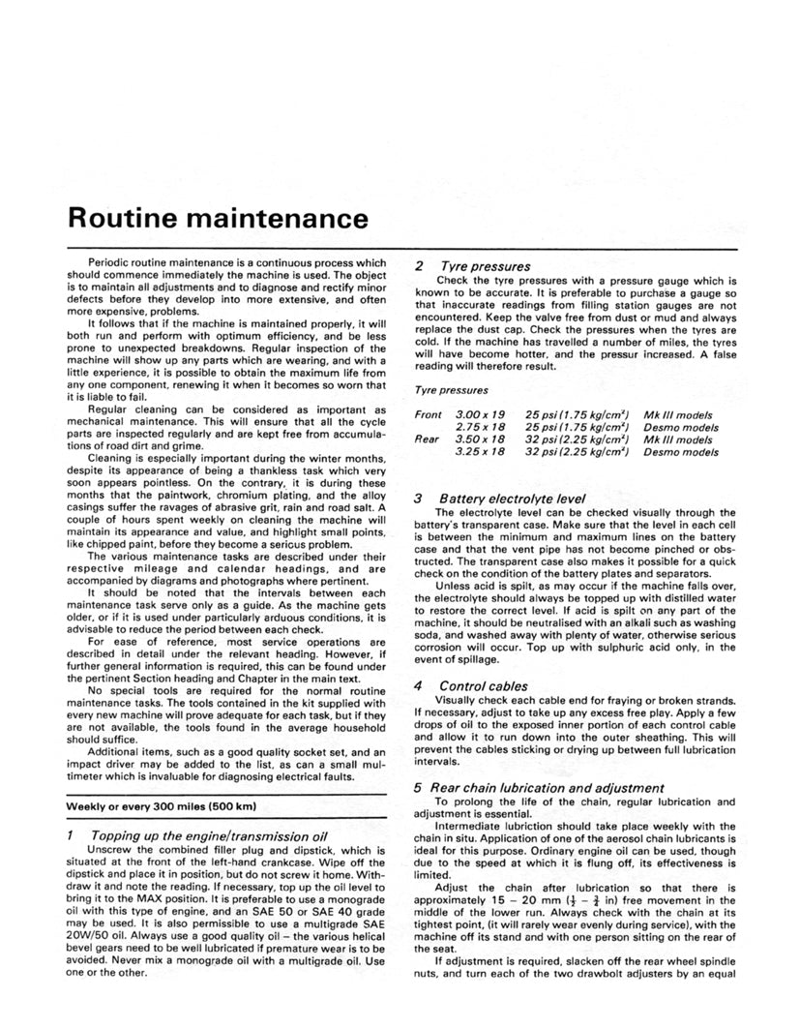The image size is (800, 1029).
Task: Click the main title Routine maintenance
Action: tap(218, 218)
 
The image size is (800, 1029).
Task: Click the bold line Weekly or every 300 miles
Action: tap(160, 805)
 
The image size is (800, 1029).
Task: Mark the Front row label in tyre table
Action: tap(428, 414)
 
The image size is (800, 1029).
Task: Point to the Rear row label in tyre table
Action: tap(427, 439)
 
